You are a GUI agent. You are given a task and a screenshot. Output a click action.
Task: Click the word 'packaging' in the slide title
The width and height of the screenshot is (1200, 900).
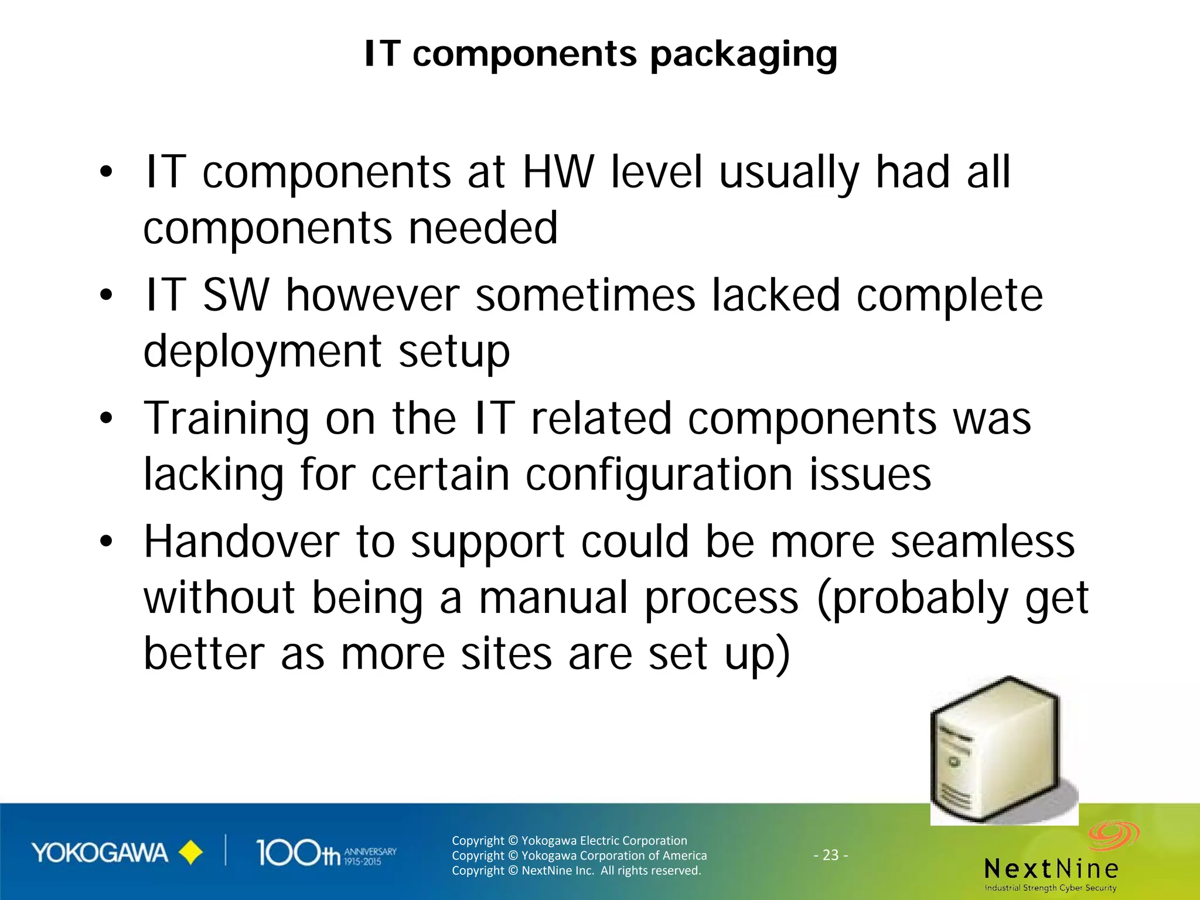tap(744, 55)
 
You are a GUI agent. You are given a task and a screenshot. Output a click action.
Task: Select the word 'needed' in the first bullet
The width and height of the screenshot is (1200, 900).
tap(483, 228)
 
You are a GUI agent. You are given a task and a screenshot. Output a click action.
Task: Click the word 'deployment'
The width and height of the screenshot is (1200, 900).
tap(263, 352)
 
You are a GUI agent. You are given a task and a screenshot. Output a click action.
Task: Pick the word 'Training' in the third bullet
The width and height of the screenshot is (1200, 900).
tap(226, 420)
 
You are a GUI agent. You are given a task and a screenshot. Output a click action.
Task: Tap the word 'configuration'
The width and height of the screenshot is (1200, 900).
tap(659, 475)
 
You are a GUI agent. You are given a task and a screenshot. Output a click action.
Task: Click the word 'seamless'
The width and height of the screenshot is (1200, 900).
tap(983, 542)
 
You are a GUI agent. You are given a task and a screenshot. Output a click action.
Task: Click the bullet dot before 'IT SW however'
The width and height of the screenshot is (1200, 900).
tap(105, 295)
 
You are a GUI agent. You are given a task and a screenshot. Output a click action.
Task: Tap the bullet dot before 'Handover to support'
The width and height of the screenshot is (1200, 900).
tap(105, 541)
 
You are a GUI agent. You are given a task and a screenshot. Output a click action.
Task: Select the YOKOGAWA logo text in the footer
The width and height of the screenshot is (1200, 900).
tap(100, 853)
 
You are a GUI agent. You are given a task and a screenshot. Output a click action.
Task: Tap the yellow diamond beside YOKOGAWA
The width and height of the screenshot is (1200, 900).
tap(190, 853)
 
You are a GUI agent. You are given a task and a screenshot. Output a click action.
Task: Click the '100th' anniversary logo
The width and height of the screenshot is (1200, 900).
tap(326, 853)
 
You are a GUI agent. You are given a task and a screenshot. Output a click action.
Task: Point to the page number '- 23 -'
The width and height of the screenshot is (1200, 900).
tap(830, 855)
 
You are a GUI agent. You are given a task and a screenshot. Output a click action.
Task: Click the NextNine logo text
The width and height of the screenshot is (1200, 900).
tap(1051, 868)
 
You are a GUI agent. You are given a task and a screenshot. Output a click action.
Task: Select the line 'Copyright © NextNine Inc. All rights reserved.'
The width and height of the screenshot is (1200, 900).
tap(576, 871)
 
